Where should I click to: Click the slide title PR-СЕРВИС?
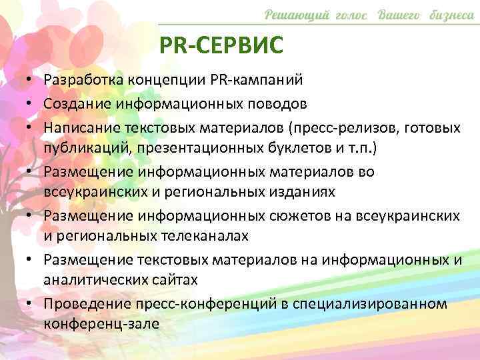[222, 46]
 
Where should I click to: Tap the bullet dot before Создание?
[32, 103]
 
